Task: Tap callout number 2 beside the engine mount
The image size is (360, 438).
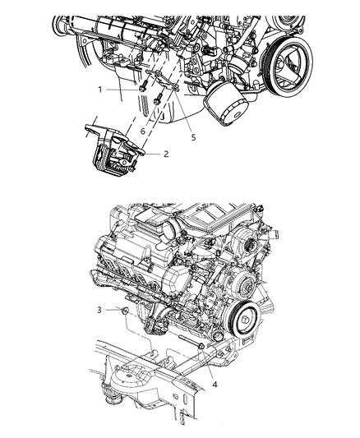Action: pos(167,153)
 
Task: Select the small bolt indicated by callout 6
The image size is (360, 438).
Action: pos(156,100)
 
